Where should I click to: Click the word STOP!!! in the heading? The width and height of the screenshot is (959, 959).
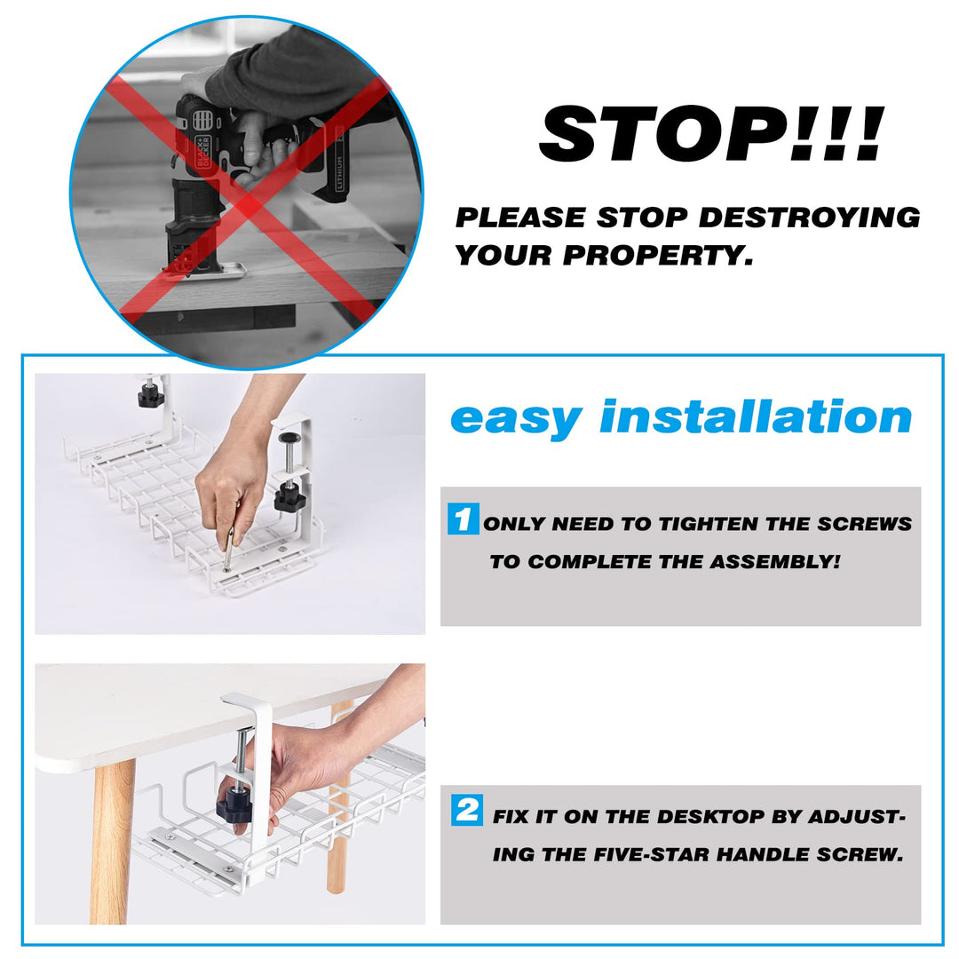point(711,135)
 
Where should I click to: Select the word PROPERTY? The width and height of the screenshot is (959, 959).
point(658,256)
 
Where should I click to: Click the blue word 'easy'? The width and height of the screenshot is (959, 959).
point(516,417)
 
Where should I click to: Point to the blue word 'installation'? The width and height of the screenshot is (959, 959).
point(756,417)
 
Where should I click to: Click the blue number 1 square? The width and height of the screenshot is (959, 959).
point(463,519)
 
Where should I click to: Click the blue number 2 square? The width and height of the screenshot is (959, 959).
point(467,810)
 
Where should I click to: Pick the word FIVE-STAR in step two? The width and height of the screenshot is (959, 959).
point(652,855)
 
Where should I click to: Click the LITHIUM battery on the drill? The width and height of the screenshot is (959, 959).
point(338,164)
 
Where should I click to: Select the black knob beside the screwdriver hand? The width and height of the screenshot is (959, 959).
point(289,497)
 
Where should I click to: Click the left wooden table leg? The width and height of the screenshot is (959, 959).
point(113,840)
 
